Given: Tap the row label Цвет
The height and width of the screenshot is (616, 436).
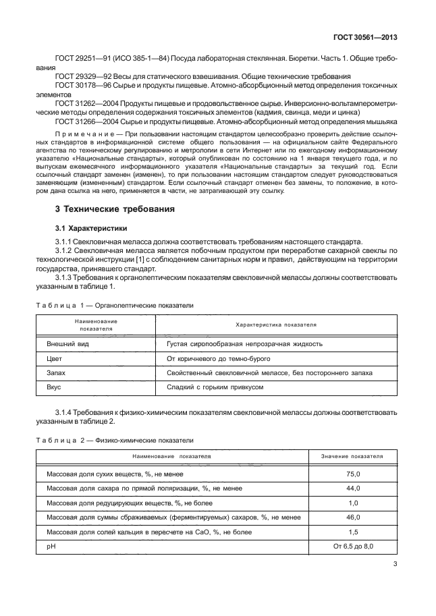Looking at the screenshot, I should tap(55, 358).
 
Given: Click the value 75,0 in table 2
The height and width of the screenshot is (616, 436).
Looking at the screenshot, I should tap(353, 474).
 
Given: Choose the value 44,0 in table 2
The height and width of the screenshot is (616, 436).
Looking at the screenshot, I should tap(353, 488).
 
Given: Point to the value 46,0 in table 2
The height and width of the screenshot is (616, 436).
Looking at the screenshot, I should tap(353, 517).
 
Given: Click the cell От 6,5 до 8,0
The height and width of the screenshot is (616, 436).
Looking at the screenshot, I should tap(353, 546).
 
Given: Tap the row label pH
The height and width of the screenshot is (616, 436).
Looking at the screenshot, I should tap(50, 546).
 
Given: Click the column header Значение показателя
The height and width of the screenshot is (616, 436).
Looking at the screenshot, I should tap(353, 457).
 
